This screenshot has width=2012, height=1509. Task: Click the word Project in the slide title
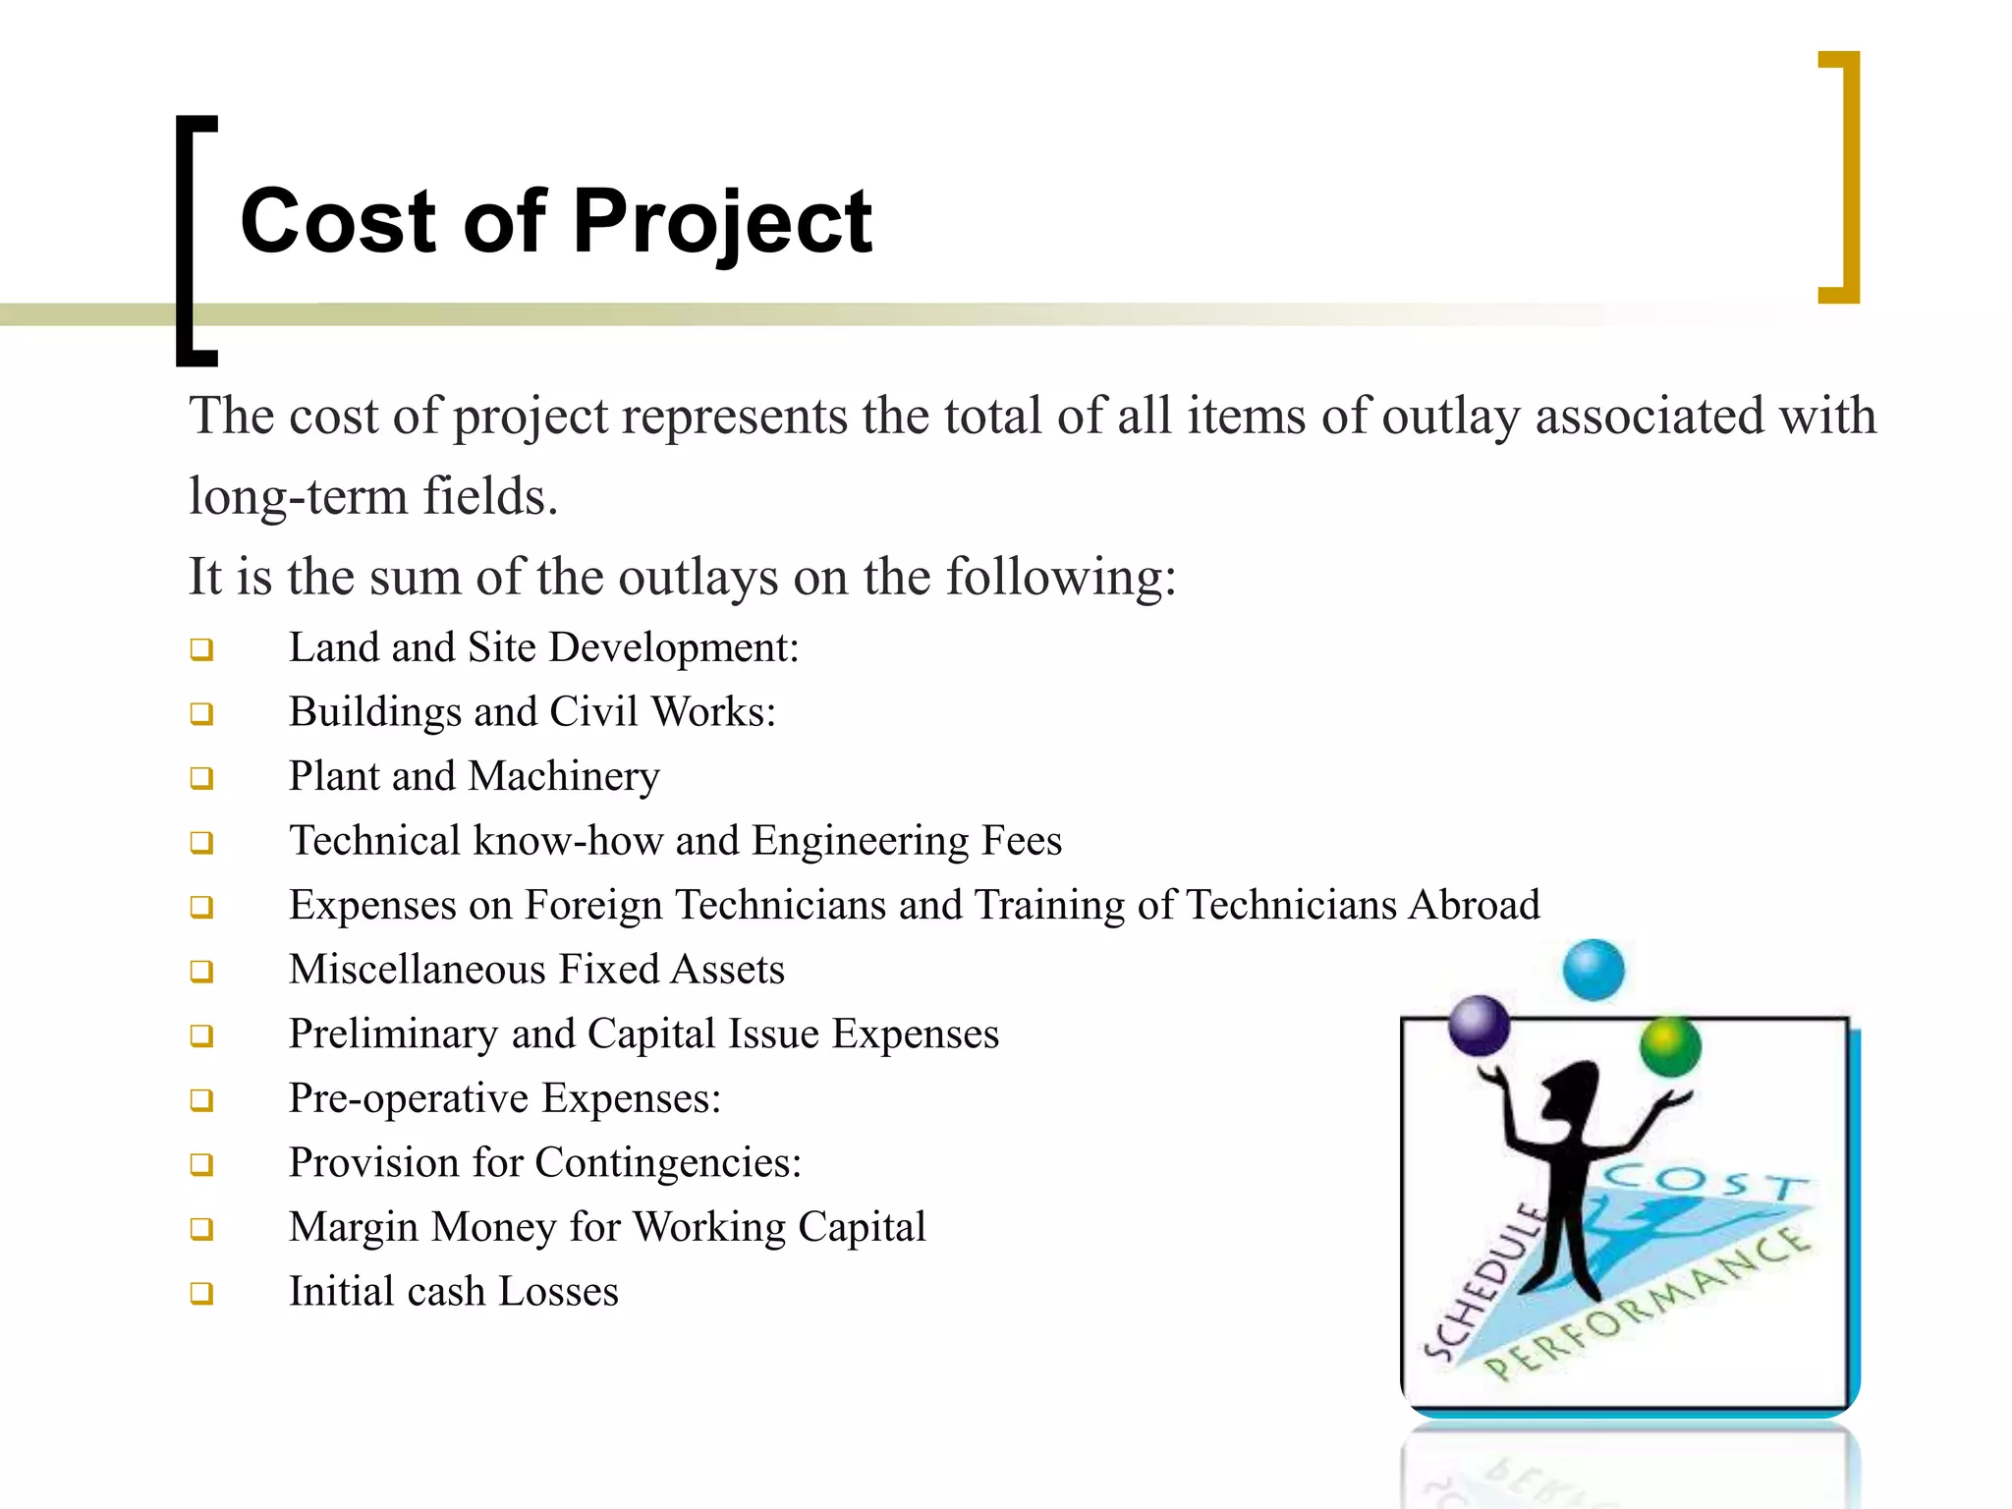point(722,223)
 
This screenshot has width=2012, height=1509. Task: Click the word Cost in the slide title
point(338,221)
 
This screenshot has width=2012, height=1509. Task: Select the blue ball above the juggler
point(1593,970)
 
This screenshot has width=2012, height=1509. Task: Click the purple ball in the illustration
point(1479,1026)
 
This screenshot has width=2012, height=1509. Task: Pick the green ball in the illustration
point(1670,1047)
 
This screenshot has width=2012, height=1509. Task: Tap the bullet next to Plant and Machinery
point(202,778)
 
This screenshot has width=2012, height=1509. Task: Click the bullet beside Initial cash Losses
point(202,1293)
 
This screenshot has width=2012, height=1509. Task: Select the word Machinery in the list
point(564,777)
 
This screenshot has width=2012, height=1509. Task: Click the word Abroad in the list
point(1474,905)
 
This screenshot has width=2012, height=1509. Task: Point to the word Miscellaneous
point(412,970)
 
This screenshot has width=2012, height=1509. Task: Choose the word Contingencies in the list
point(668,1163)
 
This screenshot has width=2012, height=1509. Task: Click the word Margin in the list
point(354,1228)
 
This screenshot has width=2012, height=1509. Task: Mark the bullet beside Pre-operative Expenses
point(202,1100)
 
